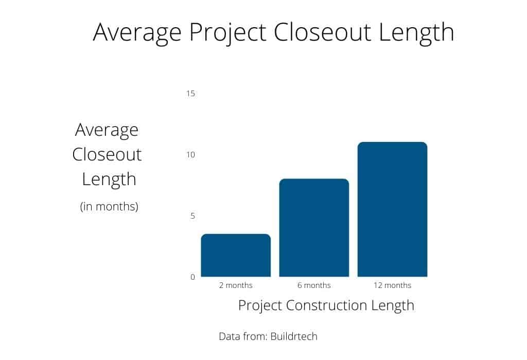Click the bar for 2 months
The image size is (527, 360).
point(236,256)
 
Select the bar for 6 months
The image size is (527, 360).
point(314,228)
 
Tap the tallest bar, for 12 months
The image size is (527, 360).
point(392,209)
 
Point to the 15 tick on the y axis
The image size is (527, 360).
point(191,94)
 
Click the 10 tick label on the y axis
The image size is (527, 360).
point(191,155)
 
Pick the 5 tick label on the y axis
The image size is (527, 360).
point(192,216)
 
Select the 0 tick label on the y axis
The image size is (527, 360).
point(192,277)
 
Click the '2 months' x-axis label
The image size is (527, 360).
point(236,285)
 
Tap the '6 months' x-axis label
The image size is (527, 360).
point(314,285)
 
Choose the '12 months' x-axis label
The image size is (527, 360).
point(392,285)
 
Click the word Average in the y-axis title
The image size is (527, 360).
point(107,130)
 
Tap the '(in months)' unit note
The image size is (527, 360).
point(109,207)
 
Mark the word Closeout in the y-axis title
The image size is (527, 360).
point(107,154)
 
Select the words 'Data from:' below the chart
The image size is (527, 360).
point(242,336)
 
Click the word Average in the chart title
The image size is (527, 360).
point(137,32)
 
